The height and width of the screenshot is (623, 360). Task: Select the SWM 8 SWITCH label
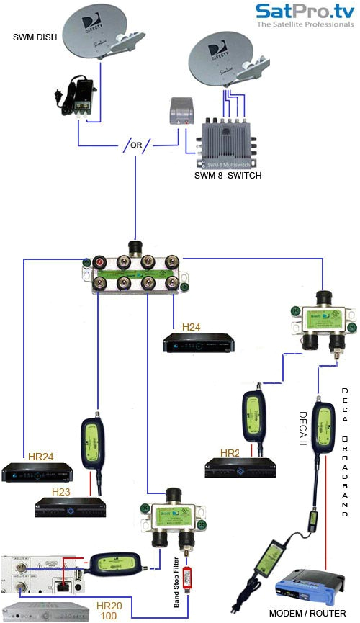click(228, 175)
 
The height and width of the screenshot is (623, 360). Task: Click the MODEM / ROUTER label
click(302, 613)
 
